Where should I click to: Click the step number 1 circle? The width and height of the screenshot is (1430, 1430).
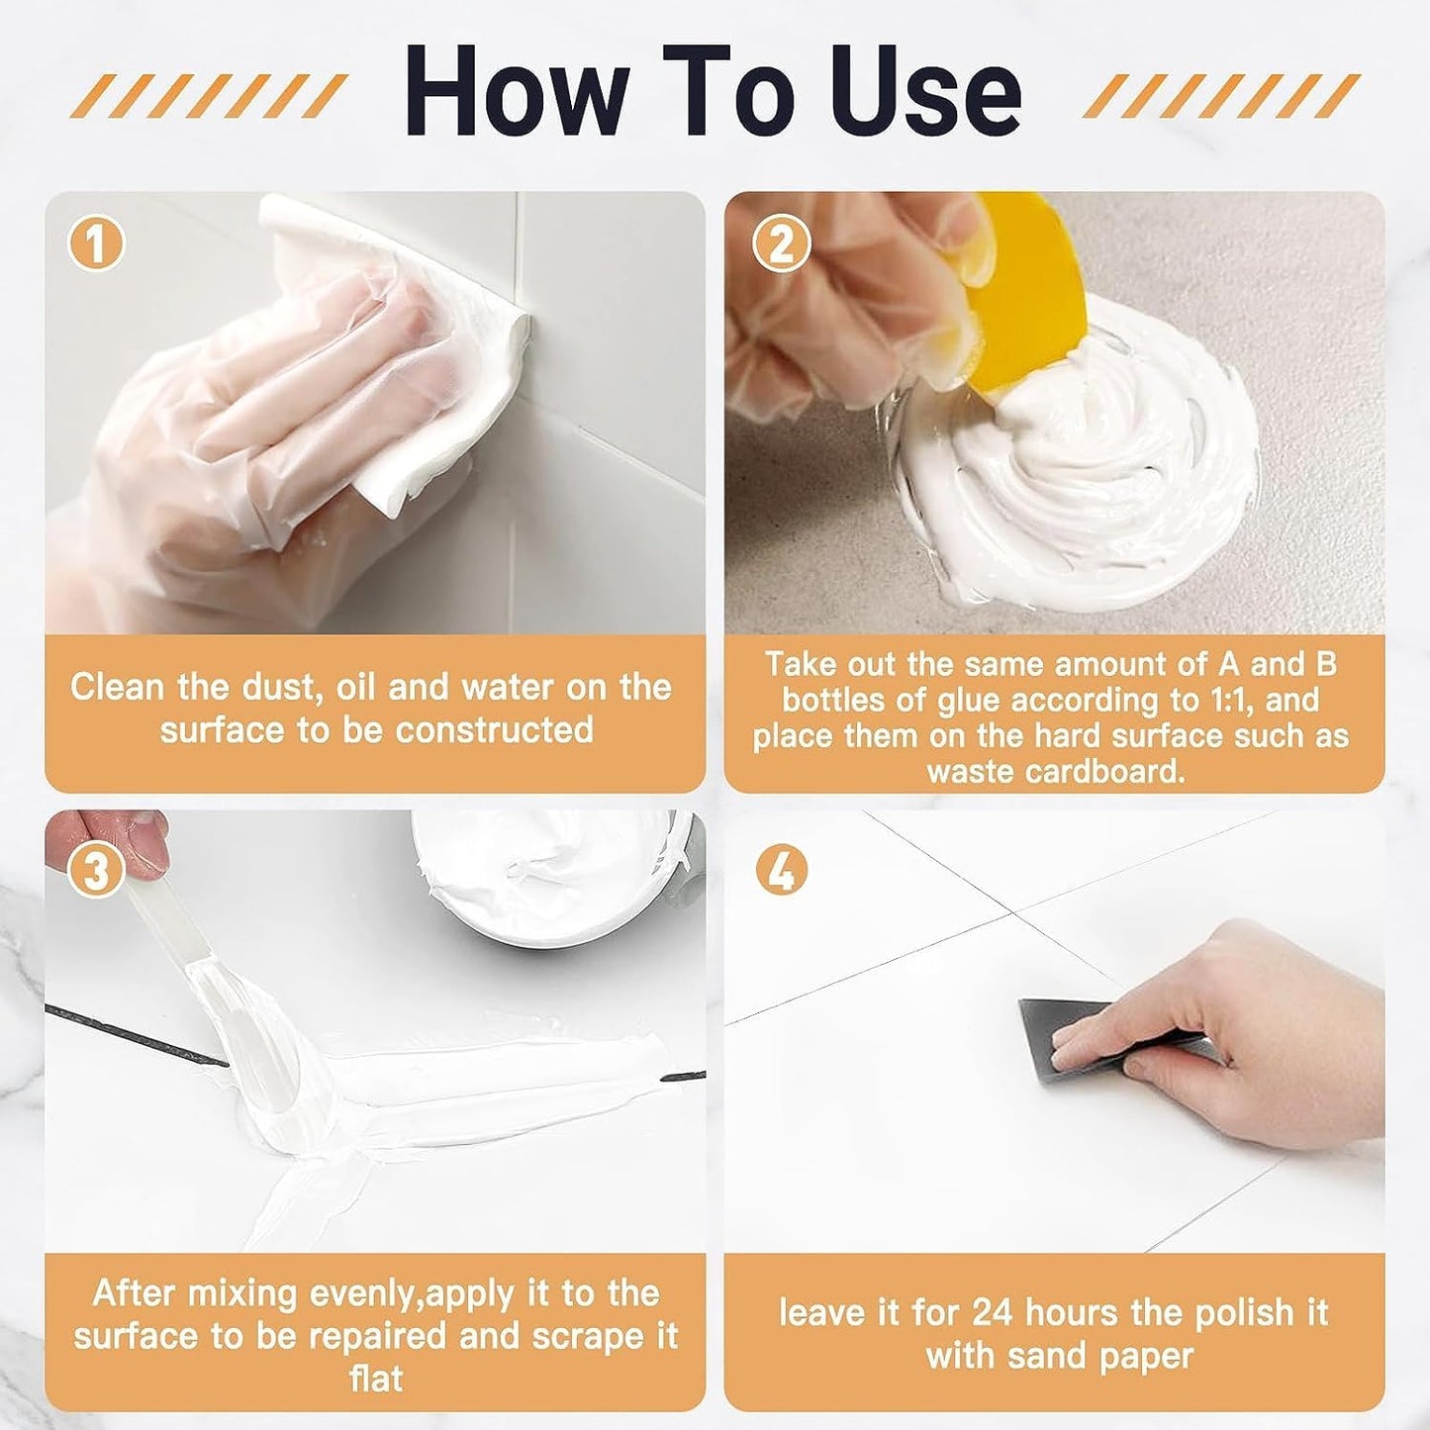[x=96, y=245]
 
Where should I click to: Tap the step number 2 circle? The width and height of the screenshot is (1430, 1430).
[x=779, y=245]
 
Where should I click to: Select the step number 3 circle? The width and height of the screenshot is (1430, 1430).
[x=96, y=870]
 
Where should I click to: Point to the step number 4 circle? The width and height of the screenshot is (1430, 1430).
[x=779, y=870]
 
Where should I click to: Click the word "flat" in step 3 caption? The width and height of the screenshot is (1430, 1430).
[x=376, y=1379]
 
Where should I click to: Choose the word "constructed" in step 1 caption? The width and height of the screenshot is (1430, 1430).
[x=494, y=729]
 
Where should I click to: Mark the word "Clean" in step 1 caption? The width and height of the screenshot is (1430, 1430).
[x=119, y=687]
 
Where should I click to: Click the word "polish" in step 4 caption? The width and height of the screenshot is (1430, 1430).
[x=1240, y=1313]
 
